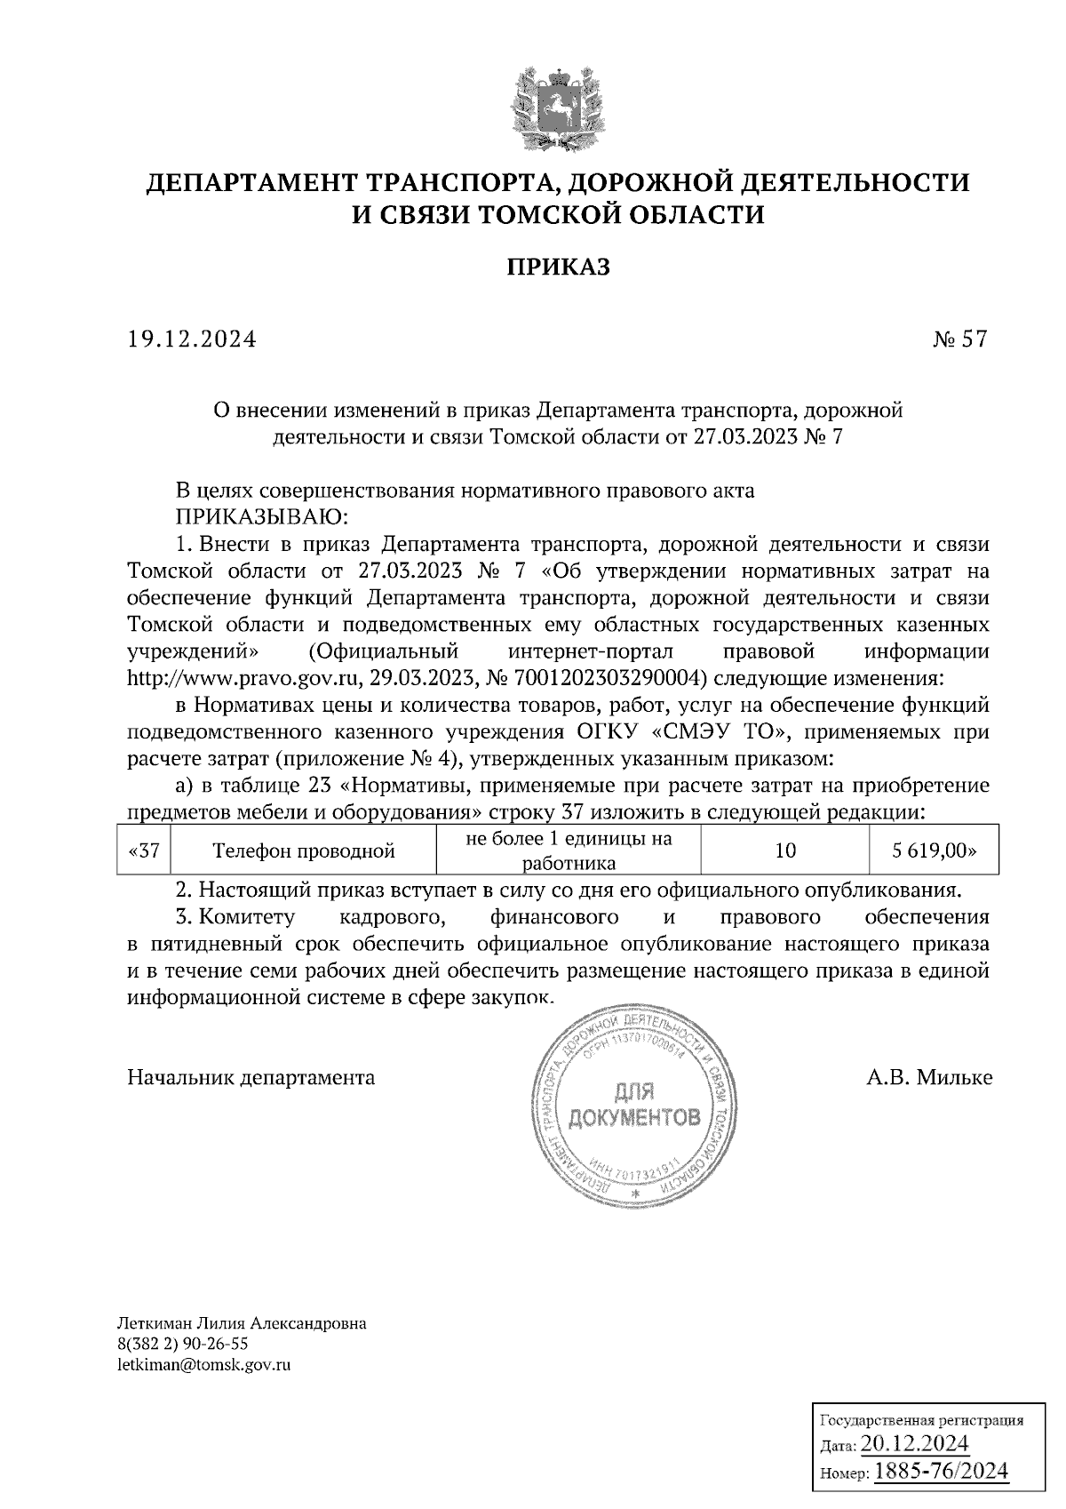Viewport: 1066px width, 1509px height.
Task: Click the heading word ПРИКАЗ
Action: pos(559,267)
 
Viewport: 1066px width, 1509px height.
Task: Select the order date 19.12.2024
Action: pos(192,339)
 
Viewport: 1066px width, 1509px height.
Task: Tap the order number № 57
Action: pos(959,339)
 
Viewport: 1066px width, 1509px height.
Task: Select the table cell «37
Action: pos(143,850)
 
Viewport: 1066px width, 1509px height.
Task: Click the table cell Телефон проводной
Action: pos(304,851)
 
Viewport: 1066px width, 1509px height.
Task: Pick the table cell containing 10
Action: pos(784,850)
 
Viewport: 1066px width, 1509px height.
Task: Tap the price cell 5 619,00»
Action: pos(934,850)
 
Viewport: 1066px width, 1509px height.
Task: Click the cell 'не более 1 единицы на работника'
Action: pos(569,850)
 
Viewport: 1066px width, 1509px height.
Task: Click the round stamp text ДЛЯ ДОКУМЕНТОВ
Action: pos(633,1105)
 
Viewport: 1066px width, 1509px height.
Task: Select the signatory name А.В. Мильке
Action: pos(929,1078)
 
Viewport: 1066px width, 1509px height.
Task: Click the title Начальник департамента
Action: pos(251,1078)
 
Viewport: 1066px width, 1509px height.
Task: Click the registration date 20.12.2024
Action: pos(914,1442)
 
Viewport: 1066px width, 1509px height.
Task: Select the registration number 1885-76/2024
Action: pos(941,1472)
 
